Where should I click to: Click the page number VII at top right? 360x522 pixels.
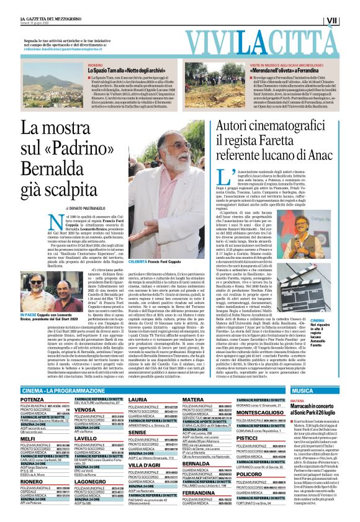pyautogui.click(x=349, y=20)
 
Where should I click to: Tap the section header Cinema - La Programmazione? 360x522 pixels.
pyautogui.click(x=66, y=390)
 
